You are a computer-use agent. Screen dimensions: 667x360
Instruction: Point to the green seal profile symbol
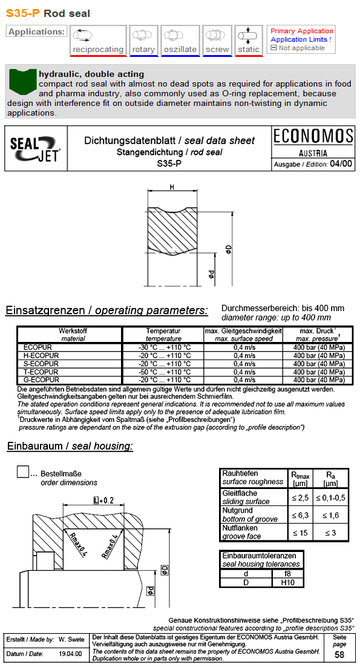[22, 81]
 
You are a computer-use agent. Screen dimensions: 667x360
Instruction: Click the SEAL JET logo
[36, 148]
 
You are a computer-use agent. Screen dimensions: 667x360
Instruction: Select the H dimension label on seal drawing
[172, 188]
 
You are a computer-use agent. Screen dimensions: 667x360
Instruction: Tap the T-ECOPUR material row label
[41, 372]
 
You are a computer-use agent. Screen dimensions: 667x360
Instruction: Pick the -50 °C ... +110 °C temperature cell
[163, 372]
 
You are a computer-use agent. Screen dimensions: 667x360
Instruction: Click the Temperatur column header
[163, 331]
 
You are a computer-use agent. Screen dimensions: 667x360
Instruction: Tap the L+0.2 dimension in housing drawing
[103, 500]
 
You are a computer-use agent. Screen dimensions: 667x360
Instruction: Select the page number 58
[339, 655]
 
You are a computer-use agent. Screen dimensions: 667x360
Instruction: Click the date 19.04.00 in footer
[71, 654]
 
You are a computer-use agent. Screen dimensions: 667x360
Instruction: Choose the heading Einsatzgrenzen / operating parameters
[106, 310]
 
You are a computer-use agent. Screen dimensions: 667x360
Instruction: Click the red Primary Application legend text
[301, 31]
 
